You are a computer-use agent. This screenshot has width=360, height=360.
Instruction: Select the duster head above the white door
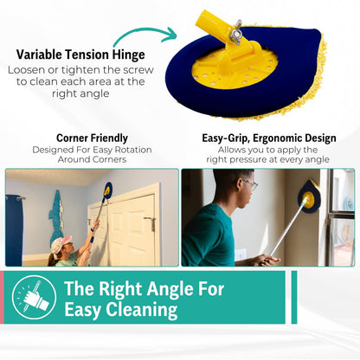(x=108, y=190)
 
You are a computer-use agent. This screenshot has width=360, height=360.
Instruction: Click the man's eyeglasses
(x=248, y=184)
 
